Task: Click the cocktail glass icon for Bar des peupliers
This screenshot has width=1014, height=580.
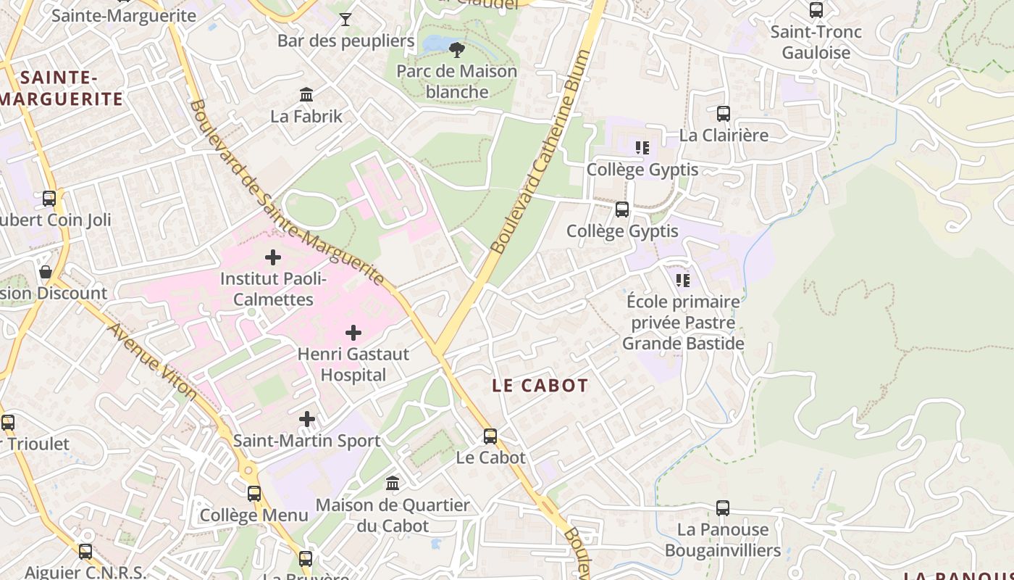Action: point(345,19)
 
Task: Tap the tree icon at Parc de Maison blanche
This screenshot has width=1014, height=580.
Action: point(456,49)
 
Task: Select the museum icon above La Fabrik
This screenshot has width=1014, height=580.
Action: point(306,94)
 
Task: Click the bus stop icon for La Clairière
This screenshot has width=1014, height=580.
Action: point(723,113)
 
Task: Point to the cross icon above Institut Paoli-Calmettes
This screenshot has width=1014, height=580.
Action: point(273,257)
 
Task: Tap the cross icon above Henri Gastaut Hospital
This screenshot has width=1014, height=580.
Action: point(353,333)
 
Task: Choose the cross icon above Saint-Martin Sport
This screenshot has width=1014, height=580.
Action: point(307,419)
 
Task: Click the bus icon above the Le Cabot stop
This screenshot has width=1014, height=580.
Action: point(490,436)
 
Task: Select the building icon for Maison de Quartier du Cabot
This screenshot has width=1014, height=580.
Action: point(393,483)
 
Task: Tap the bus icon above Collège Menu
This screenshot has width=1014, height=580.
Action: point(254,494)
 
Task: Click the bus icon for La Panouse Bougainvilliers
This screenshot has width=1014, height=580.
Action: point(723,508)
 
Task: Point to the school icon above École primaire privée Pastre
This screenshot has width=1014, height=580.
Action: point(682,280)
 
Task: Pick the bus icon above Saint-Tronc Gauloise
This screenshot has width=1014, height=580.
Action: point(816,10)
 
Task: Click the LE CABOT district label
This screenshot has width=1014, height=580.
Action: point(540,386)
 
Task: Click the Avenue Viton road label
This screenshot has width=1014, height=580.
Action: point(152,360)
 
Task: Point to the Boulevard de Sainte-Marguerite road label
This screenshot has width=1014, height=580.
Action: point(286,192)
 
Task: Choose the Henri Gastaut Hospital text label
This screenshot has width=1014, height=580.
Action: point(353,365)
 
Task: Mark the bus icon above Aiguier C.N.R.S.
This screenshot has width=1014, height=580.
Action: point(85,552)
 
